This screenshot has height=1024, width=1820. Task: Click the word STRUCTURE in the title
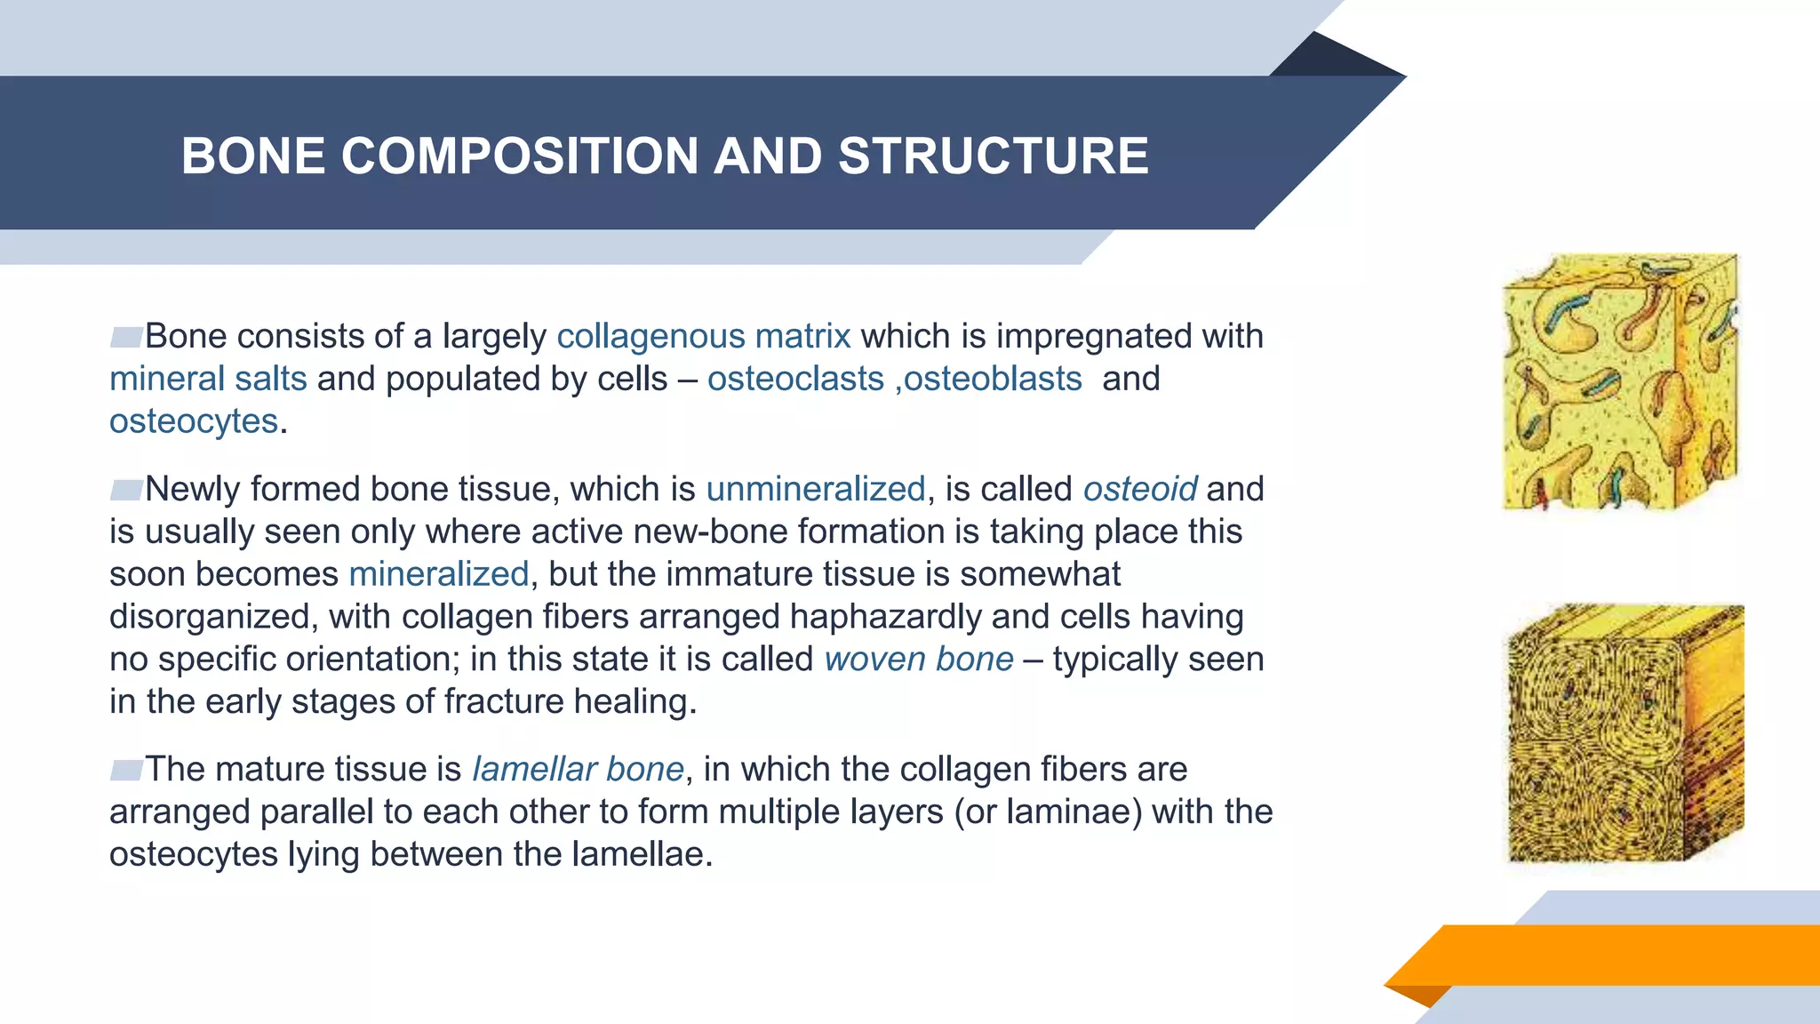(994, 156)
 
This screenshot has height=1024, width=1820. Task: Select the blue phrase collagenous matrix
(704, 336)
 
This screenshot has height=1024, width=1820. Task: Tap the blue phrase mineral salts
(208, 379)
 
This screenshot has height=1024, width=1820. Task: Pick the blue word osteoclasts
(795, 379)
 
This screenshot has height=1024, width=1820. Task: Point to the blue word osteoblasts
(993, 379)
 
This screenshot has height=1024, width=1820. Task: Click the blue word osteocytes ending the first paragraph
(194, 421)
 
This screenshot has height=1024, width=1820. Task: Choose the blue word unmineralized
(816, 489)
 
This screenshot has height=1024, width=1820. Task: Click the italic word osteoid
(1140, 489)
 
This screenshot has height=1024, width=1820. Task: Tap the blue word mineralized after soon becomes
(439, 574)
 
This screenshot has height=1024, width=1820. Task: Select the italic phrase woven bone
(919, 660)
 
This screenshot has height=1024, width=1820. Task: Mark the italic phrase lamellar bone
(578, 769)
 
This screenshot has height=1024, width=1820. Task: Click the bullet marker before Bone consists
(126, 337)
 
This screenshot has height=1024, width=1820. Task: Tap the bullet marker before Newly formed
(126, 490)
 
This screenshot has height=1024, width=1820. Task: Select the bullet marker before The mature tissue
(126, 770)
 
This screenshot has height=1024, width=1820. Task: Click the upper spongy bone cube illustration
(1619, 382)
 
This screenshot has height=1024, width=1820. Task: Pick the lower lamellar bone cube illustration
(1624, 733)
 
